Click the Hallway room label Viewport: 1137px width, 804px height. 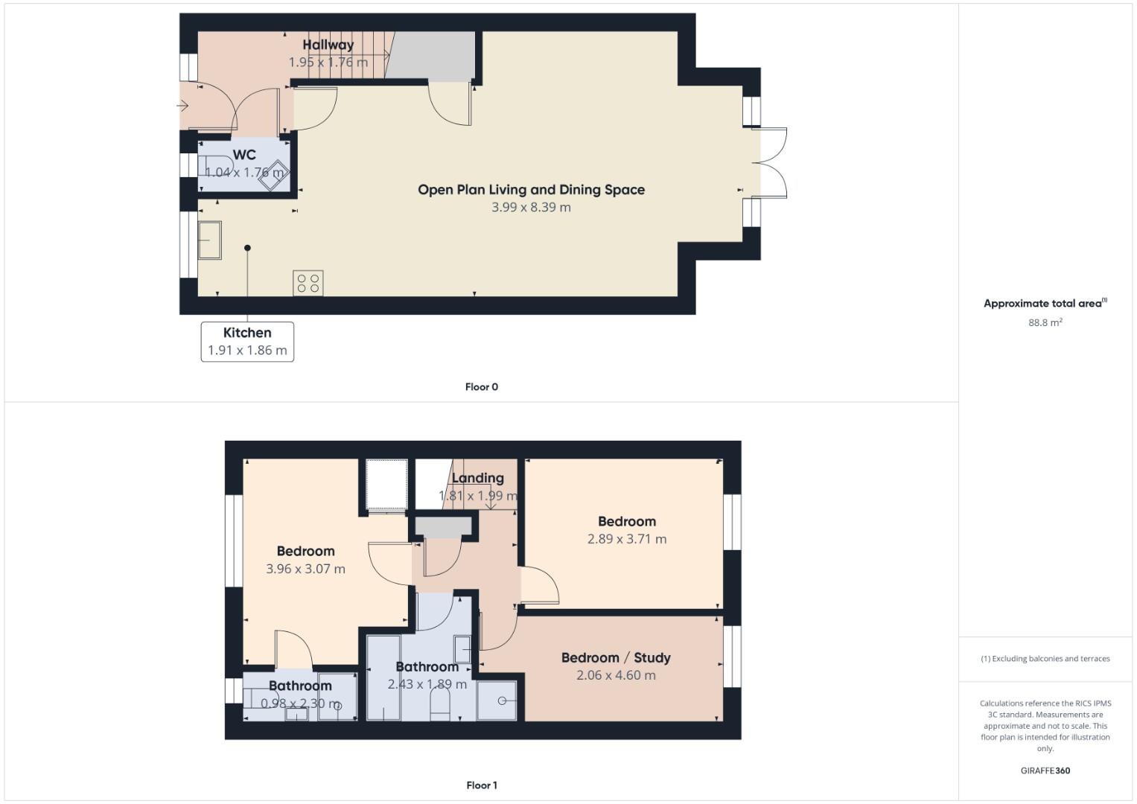coord(328,45)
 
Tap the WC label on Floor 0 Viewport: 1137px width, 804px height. coord(244,155)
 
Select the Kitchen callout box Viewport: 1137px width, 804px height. coord(247,342)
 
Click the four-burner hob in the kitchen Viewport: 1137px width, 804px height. coord(308,283)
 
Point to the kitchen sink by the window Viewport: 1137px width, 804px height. coord(209,240)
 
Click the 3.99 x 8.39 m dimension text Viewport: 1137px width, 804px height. coord(531,208)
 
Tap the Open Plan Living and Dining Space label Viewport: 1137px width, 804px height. coord(531,190)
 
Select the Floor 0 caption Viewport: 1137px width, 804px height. coord(481,387)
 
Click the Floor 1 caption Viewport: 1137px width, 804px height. coord(481,785)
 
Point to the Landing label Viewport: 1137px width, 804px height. coord(477,478)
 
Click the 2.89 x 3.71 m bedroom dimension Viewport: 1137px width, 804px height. coord(626,539)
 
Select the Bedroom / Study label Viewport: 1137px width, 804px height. coord(616,657)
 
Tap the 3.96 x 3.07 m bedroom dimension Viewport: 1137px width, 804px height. coord(305,569)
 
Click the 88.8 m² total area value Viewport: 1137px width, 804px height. coord(1045,322)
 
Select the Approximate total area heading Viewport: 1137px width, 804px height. coord(1045,304)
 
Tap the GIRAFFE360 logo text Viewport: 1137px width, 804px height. coord(1045,770)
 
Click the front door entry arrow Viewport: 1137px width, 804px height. coord(183,106)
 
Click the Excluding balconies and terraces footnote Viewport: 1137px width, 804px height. coord(1045,659)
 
